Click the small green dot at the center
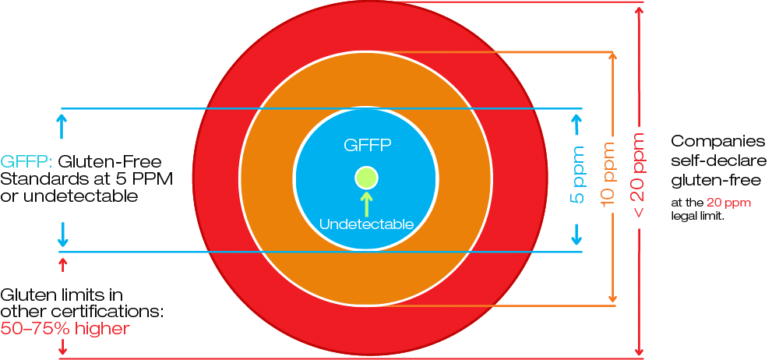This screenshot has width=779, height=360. [x=366, y=178]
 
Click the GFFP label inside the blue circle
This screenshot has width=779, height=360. [x=366, y=145]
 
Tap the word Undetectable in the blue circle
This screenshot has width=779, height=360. [x=366, y=224]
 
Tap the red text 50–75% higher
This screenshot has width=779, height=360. [x=65, y=329]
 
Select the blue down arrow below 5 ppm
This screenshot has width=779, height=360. [x=577, y=234]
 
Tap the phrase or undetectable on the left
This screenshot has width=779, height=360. [x=69, y=196]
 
